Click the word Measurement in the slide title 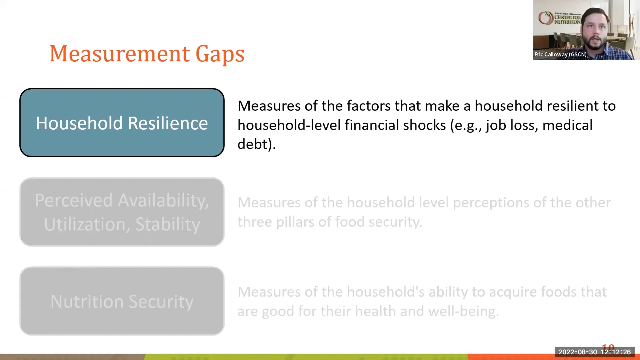click(120, 54)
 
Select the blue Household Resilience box click(122, 123)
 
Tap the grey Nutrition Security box click(122, 301)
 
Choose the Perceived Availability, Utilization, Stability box click(122, 212)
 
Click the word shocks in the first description click(424, 125)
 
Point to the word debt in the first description click(253, 144)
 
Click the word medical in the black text click(567, 125)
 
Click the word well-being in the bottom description click(463, 311)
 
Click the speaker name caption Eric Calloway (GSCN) click(560, 54)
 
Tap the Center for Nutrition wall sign click(560, 18)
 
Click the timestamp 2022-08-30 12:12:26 click(594, 352)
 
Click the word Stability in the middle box click(168, 224)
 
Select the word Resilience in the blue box click(168, 123)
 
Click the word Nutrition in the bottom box click(87, 302)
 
